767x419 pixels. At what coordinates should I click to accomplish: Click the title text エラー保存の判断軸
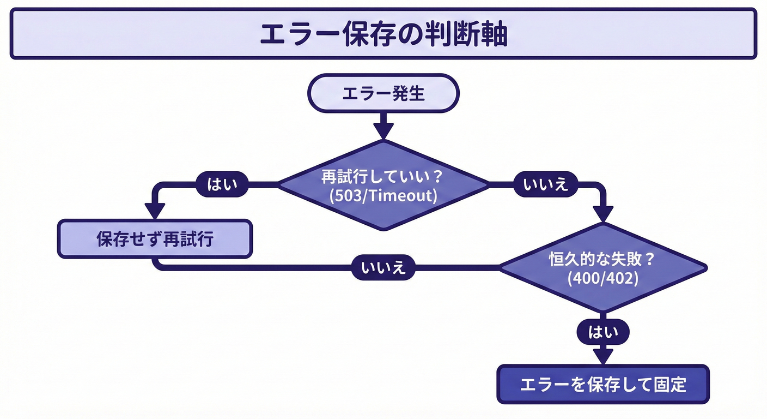pyautogui.click(x=383, y=34)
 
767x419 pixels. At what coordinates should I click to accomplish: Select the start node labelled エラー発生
pyautogui.click(x=383, y=93)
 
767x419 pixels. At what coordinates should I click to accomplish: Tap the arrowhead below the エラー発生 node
pyautogui.click(x=384, y=131)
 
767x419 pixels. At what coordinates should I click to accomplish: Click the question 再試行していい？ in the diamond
pyautogui.click(x=383, y=177)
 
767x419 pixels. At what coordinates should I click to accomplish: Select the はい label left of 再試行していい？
pyautogui.click(x=222, y=185)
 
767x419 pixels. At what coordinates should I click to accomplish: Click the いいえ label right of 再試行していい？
pyautogui.click(x=546, y=185)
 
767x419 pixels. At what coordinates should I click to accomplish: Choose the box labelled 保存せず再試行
pyautogui.click(x=155, y=239)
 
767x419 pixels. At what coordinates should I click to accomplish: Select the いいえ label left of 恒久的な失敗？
pyautogui.click(x=384, y=268)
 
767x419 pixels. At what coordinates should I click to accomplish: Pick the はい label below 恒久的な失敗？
pyautogui.click(x=602, y=332)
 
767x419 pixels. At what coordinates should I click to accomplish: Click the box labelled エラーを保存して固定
pyautogui.click(x=603, y=385)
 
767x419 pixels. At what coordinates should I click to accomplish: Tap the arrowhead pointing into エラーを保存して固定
pyautogui.click(x=602, y=356)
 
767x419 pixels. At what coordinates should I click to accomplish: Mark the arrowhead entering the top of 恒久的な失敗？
pyautogui.click(x=602, y=213)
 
